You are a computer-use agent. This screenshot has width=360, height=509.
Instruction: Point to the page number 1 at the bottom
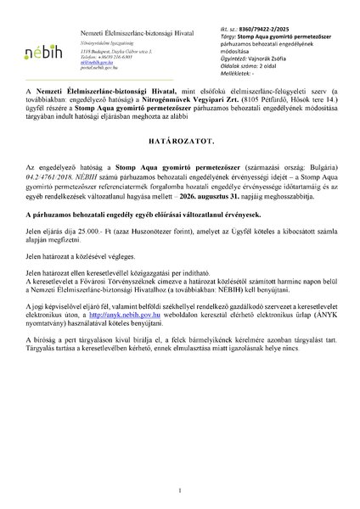(180, 489)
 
